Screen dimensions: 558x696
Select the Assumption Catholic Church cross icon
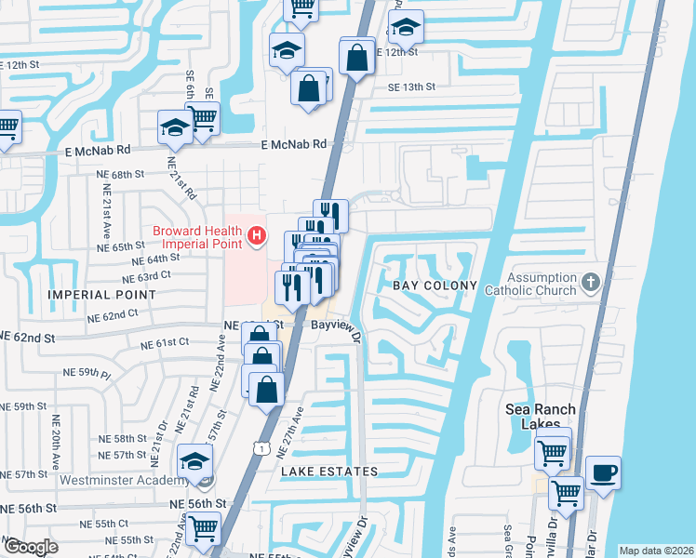click(589, 281)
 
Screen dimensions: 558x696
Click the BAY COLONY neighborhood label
click(435, 286)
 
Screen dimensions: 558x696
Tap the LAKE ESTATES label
click(330, 472)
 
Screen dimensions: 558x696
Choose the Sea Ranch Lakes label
click(540, 417)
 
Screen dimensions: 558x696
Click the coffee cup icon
click(602, 472)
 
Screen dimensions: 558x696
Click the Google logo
click(31, 547)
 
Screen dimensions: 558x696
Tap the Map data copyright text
click(656, 551)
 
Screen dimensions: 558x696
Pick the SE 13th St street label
click(412, 86)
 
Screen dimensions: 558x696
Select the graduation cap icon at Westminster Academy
click(195, 461)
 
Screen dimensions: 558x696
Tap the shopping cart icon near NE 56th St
click(202, 527)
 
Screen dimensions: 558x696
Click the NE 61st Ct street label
click(166, 343)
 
